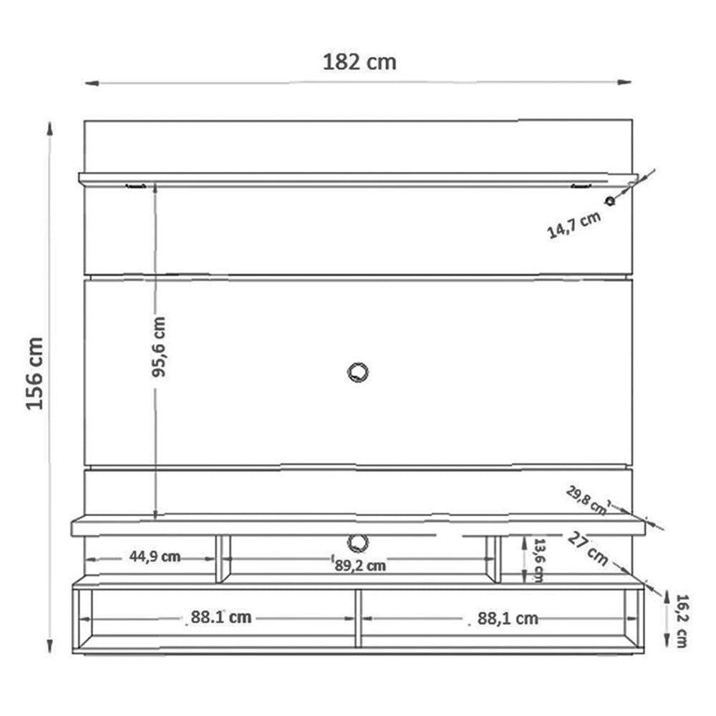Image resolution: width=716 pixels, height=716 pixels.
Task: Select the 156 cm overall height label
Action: pos(35,373)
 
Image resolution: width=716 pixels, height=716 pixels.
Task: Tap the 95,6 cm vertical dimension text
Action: pos(158,347)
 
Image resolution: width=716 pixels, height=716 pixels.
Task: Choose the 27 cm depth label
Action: pos(589,548)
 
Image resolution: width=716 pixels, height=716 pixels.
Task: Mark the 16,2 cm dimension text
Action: pos(679,621)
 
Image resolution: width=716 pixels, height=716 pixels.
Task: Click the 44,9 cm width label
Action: pos(155,557)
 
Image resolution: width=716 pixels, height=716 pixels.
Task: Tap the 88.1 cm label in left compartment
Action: pos(221,617)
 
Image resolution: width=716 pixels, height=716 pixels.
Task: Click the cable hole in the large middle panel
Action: pos(356,372)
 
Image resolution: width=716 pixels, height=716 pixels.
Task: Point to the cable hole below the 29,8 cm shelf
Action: pos(357,541)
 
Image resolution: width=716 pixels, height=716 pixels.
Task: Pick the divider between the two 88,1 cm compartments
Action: pos(357,619)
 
